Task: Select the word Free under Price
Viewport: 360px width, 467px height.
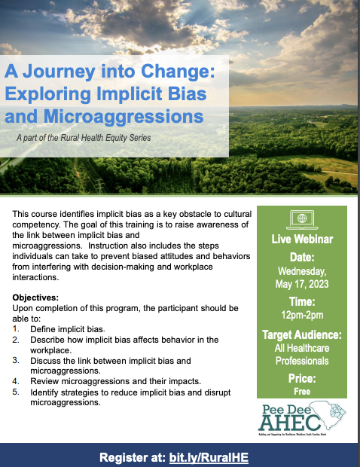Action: (x=301, y=392)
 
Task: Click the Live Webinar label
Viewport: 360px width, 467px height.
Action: (x=301, y=240)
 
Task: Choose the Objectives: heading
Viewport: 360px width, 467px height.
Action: (x=35, y=298)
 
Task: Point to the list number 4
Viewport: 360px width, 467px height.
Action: (x=17, y=381)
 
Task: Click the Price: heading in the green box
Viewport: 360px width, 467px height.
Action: (x=301, y=379)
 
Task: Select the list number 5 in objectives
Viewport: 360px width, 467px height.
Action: (x=17, y=392)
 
